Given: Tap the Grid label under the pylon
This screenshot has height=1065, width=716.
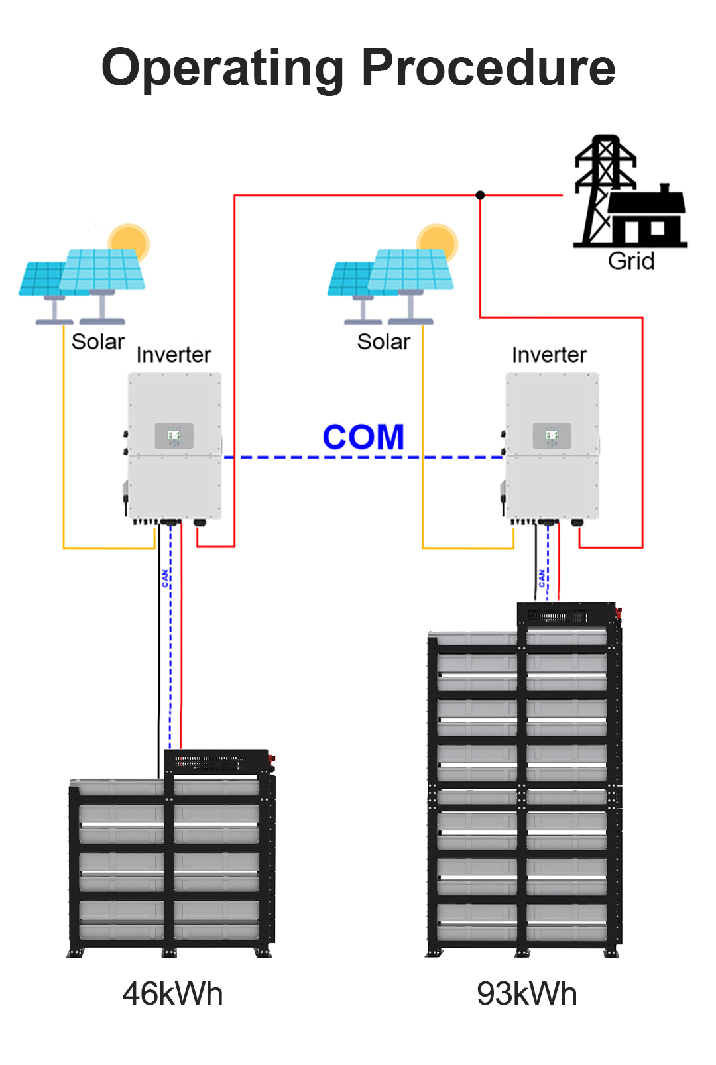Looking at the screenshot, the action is coord(631,261).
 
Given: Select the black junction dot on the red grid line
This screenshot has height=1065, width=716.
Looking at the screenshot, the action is coord(480,195).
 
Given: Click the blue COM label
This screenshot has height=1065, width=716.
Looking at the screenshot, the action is coord(363,437).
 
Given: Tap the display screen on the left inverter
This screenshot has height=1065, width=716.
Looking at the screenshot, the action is coord(174,435).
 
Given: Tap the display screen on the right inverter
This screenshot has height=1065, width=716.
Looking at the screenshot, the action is coord(552,435).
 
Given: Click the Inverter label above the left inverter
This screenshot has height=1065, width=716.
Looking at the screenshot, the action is coord(174,355).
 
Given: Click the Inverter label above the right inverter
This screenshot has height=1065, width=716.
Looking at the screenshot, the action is coord(549,355).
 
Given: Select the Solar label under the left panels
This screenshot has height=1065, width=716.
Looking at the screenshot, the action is coord(98,341).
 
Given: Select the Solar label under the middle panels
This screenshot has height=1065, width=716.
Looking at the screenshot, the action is coord(383,341).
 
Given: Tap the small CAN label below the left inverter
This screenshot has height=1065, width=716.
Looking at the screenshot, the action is coord(165,578).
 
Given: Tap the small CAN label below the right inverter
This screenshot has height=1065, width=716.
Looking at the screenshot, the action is coord(542,578).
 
